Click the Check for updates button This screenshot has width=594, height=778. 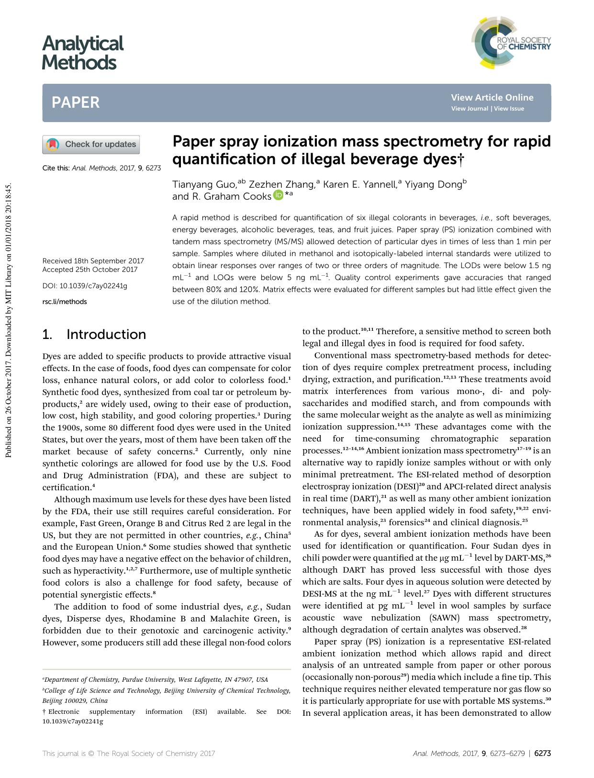pos(91,145)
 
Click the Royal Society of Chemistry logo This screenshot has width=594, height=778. pos(510,44)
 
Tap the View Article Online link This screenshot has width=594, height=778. pos(492,98)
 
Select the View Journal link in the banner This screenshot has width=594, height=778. pos(470,109)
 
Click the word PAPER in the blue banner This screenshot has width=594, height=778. pos(76,102)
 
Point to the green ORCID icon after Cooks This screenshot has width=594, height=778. pos(279,195)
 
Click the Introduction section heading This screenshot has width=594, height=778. pos(94,334)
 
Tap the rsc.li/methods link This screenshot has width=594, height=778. pos(65,302)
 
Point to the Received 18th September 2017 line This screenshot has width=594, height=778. pos(93,261)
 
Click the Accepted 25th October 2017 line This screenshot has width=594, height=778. pos(90,270)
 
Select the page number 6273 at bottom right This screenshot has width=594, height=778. pos(542,753)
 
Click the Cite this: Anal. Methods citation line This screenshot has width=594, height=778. pos(101,169)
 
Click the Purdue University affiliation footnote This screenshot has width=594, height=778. pos(155,679)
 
